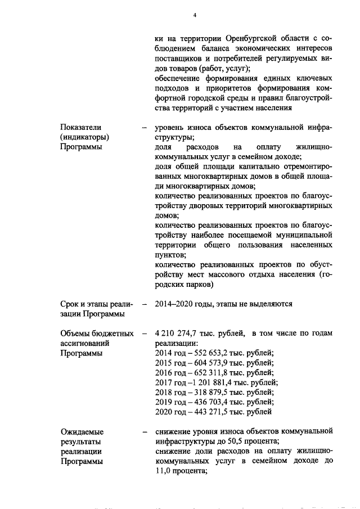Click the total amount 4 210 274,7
click(x=177, y=334)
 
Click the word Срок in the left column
click(x=70, y=304)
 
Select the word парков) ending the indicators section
click(x=199, y=285)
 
